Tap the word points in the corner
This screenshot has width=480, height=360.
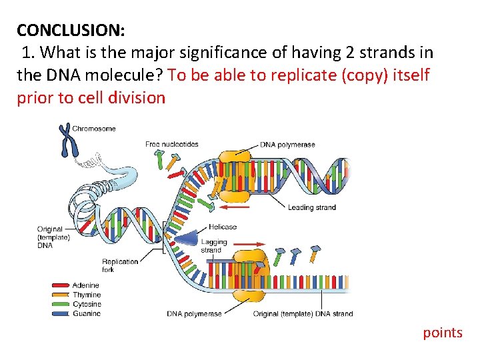pyautogui.click(x=442, y=332)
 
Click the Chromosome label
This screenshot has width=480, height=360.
pyautogui.click(x=93, y=129)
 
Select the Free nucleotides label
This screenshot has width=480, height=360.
pyautogui.click(x=172, y=144)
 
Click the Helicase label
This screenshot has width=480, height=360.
pyautogui.click(x=223, y=227)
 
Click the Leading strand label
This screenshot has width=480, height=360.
pyautogui.click(x=311, y=207)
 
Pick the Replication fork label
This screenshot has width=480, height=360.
pyautogui.click(x=120, y=265)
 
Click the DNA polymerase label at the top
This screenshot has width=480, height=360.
pyautogui.click(x=287, y=145)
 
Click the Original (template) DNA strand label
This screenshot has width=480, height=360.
pyautogui.click(x=303, y=313)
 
